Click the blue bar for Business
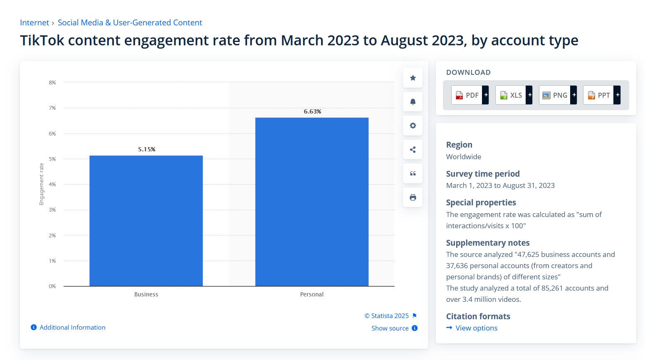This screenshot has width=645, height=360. (146, 221)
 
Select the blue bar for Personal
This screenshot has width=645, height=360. (311, 202)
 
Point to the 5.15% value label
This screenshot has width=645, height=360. (147, 149)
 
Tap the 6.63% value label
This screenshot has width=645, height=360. (312, 111)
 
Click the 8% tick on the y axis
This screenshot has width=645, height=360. (52, 83)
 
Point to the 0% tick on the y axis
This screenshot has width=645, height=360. (52, 286)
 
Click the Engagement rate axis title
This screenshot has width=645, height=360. (42, 184)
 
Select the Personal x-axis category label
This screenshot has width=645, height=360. (311, 294)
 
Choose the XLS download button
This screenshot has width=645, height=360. (514, 95)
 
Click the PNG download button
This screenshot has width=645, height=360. (558, 95)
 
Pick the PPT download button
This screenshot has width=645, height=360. (601, 95)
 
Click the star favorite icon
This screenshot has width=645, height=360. (413, 78)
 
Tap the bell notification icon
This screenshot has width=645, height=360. (413, 102)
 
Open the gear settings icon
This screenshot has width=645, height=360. (413, 126)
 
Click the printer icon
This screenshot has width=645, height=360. (413, 197)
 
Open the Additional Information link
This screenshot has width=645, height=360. (72, 328)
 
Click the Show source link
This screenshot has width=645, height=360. (390, 328)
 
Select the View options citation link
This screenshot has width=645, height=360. (476, 328)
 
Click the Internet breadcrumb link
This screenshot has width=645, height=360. (34, 23)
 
